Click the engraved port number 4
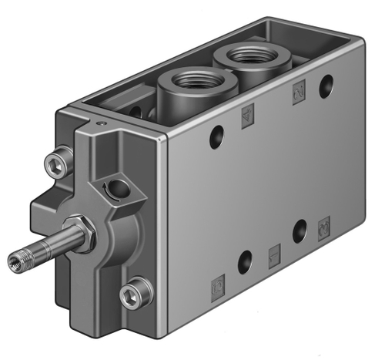248,116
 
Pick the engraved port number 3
324,228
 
